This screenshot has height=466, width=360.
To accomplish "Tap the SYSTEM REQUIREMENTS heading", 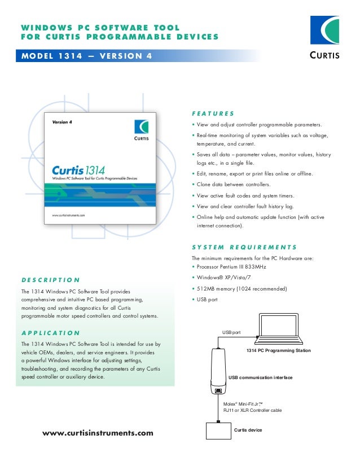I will point(244,247).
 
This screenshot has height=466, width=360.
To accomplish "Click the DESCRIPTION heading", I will point(50,280).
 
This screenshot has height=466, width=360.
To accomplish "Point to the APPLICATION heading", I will point(50,333).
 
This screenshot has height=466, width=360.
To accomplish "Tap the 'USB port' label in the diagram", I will point(231,333).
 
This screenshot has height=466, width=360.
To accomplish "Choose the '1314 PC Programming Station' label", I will point(279,351).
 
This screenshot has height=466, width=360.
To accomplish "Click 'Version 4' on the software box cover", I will point(62,122).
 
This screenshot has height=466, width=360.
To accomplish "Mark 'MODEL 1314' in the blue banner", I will point(51,56).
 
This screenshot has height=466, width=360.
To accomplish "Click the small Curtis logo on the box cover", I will point(142,130).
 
